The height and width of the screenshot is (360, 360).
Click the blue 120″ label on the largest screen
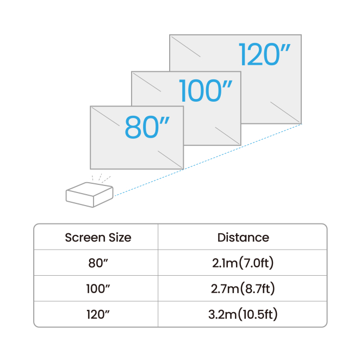tap(264, 54)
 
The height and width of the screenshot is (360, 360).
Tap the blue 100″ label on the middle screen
tap(206, 90)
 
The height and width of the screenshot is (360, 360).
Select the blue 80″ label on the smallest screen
tap(147, 127)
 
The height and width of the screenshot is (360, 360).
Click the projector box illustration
tap(90, 195)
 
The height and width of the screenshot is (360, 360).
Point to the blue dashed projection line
tap(208, 160)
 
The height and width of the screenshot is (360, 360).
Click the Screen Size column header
tap(98, 238)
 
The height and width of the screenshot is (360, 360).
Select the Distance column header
tap(243, 238)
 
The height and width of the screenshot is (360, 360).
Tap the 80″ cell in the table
tap(98, 263)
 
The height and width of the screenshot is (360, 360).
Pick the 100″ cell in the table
tap(98, 289)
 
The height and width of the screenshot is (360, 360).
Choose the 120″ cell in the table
tap(98, 314)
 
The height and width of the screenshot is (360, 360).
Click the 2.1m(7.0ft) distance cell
tap(243, 263)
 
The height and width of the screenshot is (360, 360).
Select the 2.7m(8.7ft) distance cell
tap(243, 289)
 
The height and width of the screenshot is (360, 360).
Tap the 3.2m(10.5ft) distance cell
tap(243, 314)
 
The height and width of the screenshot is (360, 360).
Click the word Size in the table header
tap(120, 238)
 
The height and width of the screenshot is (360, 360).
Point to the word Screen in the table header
tap(85, 238)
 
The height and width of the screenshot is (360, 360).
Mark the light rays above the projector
tap(101, 178)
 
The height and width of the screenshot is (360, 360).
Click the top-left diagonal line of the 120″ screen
tap(185, 47)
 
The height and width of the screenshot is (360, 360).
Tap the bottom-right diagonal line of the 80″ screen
tap(170, 159)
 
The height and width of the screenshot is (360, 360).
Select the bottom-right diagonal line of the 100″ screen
tap(227, 135)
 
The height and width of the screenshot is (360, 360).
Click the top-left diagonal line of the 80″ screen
tap(105, 116)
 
